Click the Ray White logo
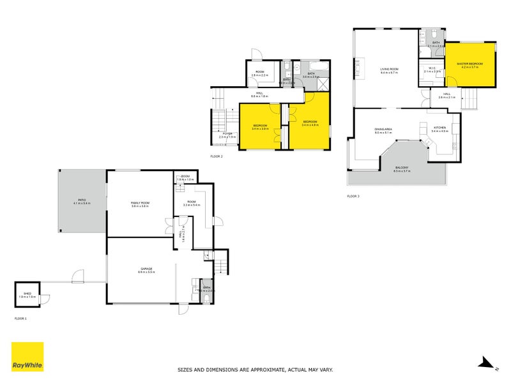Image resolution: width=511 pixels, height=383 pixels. point(27,357)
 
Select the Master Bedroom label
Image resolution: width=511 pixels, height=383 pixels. point(469,64)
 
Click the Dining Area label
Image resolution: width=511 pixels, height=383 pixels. point(383,130)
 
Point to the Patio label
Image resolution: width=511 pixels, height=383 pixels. point(82,200)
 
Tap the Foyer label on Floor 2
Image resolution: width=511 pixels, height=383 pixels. point(227,133)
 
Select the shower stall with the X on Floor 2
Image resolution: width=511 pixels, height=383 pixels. point(324,85)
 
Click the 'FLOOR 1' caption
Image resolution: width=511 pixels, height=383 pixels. point(21,317)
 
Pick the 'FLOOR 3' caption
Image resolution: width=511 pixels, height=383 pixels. point(353,196)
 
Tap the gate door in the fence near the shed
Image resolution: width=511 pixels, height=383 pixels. point(78,277)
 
